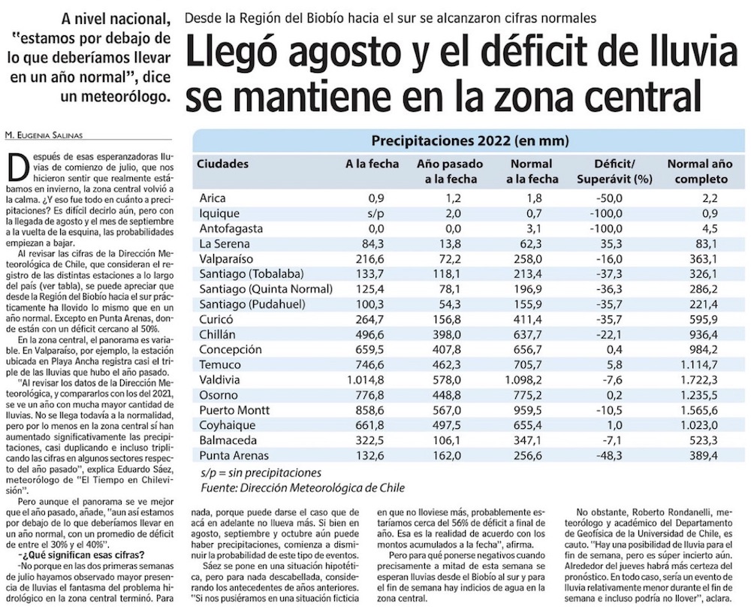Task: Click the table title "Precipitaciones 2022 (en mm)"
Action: coord(470,140)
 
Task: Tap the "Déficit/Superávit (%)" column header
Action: coord(614,171)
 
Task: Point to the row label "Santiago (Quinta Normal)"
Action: coord(266,289)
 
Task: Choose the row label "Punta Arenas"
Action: coord(234,456)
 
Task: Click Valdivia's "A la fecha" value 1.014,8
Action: coord(366,380)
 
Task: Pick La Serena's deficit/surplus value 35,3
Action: coord(615,243)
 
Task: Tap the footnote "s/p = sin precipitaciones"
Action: coord(261,473)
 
